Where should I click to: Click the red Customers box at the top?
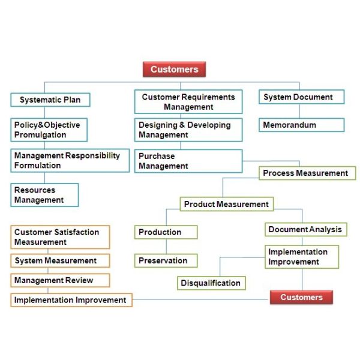tap(174, 69)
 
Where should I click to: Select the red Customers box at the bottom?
tap(301, 297)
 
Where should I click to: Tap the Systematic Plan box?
tap(50, 100)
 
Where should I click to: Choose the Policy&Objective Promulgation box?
tap(49, 130)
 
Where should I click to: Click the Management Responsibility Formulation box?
tap(70, 160)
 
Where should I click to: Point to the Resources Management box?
tap(44, 195)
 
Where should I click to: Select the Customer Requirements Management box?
tap(188, 102)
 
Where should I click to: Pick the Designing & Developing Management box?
tap(188, 130)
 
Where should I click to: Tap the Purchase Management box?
tap(188, 161)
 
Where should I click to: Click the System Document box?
tap(301, 97)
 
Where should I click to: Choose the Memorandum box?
tap(301, 125)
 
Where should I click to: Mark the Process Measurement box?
tap(307, 173)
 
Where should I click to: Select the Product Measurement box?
tap(227, 204)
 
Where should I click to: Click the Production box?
tap(166, 232)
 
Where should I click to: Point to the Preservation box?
tap(166, 260)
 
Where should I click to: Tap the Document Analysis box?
tap(306, 229)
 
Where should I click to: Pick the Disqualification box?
tap(211, 283)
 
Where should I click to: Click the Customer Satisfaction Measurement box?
tap(60, 237)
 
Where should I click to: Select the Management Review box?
tap(60, 280)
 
